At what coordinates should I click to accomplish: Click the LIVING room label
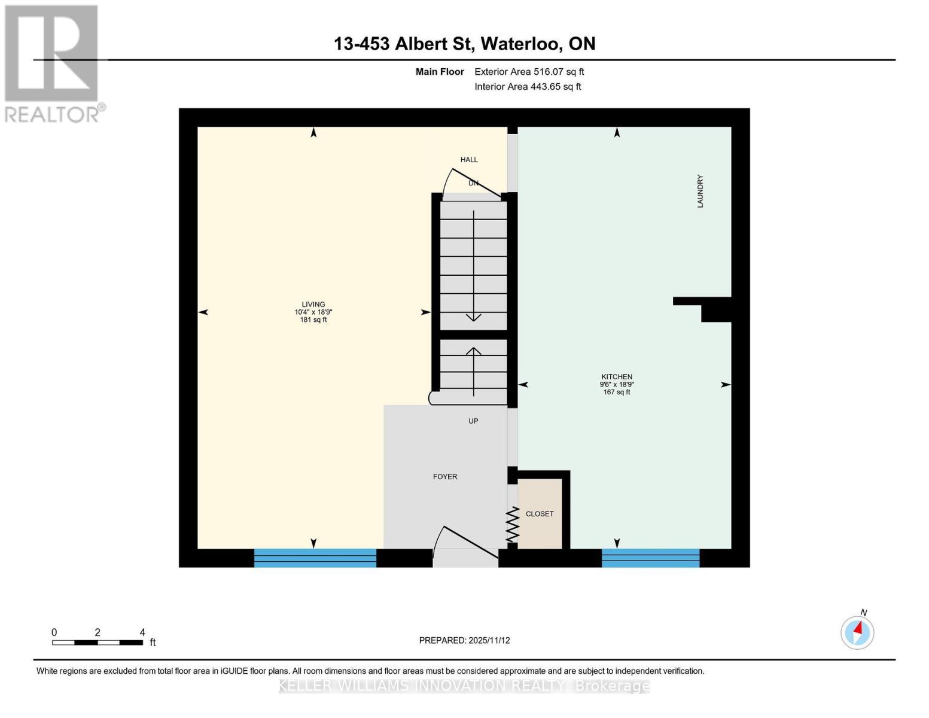pyautogui.click(x=313, y=305)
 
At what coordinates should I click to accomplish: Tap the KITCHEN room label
pyautogui.click(x=617, y=377)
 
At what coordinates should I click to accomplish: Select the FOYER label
pyautogui.click(x=445, y=477)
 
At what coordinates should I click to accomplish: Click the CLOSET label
pyautogui.click(x=540, y=514)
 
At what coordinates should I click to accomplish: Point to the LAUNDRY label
pyautogui.click(x=700, y=191)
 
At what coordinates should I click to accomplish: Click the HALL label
pyautogui.click(x=469, y=160)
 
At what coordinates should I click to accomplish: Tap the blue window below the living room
pyautogui.click(x=315, y=558)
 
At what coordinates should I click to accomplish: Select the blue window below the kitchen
pyautogui.click(x=650, y=558)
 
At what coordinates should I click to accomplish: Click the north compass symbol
pyautogui.click(x=857, y=632)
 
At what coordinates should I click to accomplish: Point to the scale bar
pyautogui.click(x=97, y=643)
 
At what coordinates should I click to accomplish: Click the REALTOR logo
pyautogui.click(x=52, y=63)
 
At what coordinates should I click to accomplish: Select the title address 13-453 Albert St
pyautogui.click(x=464, y=44)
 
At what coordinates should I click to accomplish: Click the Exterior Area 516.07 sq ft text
pyautogui.click(x=529, y=72)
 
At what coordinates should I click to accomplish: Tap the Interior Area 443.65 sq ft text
pyautogui.click(x=528, y=87)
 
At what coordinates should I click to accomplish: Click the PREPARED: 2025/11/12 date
pyautogui.click(x=464, y=640)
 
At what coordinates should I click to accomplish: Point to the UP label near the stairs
pyautogui.click(x=473, y=421)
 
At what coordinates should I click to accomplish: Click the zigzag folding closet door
pyautogui.click(x=512, y=525)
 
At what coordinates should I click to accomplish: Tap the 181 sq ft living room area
pyautogui.click(x=313, y=320)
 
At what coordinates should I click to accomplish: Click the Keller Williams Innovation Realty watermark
pyautogui.click(x=464, y=686)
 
